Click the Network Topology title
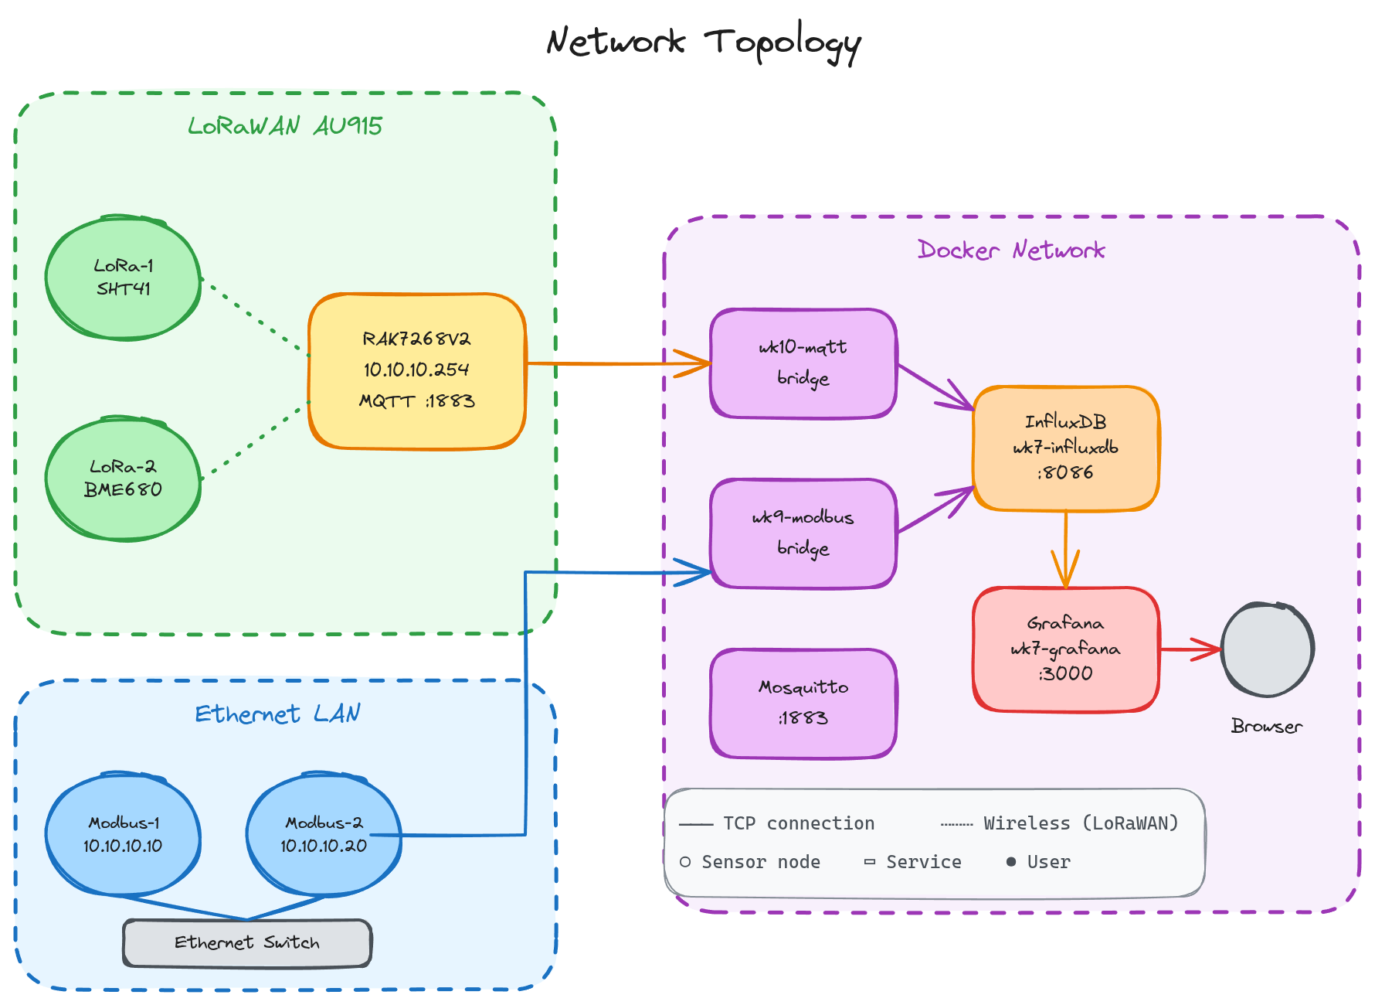point(703,43)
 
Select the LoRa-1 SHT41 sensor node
point(124,278)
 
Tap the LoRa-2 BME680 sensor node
point(124,479)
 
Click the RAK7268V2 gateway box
point(417,370)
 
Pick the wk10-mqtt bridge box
point(803,363)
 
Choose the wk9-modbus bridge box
point(803,533)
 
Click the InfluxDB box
point(1066,448)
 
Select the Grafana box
point(1066,649)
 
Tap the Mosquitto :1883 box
point(803,703)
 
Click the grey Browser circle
point(1268,649)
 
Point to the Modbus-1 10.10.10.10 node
point(124,834)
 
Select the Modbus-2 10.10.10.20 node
point(324,834)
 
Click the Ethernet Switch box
point(247,942)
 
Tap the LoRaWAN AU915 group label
point(285,126)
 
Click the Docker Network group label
point(1011,250)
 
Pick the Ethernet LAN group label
point(277,714)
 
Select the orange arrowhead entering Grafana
point(1066,572)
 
